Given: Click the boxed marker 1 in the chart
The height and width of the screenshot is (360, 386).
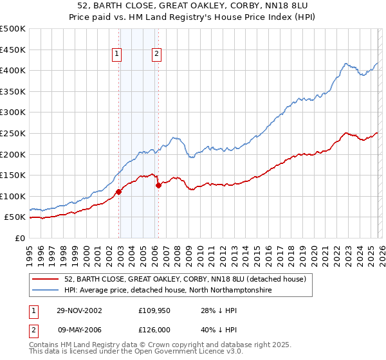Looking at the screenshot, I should pos(117,55).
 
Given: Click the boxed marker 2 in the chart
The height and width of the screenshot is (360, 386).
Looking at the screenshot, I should pos(156,55).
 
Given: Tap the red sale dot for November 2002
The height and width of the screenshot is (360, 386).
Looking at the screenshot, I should pos(119,192).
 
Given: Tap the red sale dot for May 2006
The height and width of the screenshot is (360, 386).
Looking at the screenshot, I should pos(158,185).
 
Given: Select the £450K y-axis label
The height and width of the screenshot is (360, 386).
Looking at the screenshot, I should pos(13,50).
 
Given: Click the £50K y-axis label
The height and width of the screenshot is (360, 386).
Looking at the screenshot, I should pos(15,217).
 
